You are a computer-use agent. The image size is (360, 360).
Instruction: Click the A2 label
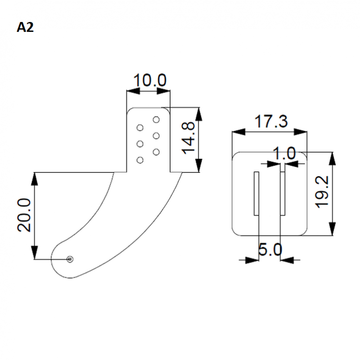click(26, 27)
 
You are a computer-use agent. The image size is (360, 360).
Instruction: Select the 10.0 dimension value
click(150, 81)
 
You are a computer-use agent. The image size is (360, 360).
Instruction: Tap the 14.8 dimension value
click(190, 139)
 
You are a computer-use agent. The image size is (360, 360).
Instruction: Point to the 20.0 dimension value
click(25, 216)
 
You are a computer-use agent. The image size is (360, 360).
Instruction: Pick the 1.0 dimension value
click(285, 153)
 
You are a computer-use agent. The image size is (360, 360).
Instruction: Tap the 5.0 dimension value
click(270, 249)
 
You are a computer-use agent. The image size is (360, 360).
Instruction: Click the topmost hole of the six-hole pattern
click(156, 120)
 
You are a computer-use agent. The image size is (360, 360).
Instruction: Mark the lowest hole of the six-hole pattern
click(139, 160)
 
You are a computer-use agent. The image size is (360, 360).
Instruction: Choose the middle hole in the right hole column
click(156, 135)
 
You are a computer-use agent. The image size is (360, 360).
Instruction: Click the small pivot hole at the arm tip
click(70, 259)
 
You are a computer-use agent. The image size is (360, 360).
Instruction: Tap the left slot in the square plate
click(256, 193)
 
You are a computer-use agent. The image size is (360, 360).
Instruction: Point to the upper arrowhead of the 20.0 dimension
click(35, 176)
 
